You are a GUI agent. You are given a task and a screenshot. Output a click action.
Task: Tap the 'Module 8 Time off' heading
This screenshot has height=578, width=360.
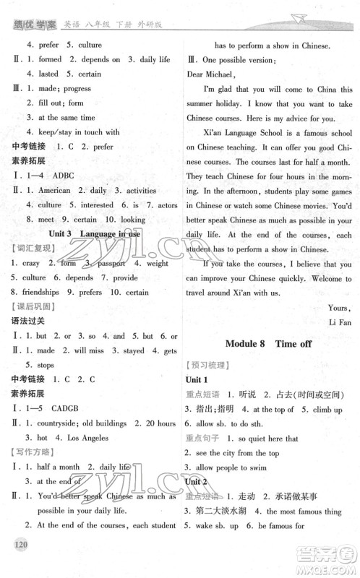click(x=269, y=343)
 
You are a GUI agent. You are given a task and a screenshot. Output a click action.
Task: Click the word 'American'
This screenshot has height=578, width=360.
click(x=53, y=190)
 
